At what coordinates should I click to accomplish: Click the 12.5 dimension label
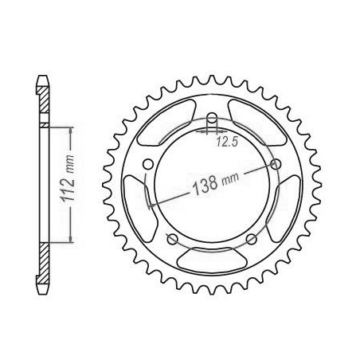pyautogui.click(x=226, y=143)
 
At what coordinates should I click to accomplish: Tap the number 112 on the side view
pyautogui.click(x=68, y=189)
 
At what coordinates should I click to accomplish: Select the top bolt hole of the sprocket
pyautogui.click(x=212, y=117)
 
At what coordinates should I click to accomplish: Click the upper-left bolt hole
pyautogui.click(x=148, y=164)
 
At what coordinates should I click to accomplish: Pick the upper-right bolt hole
pyautogui.click(x=276, y=164)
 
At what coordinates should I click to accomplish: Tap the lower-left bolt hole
pyautogui.click(x=172, y=239)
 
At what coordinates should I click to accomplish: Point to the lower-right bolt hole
pyautogui.click(x=252, y=239)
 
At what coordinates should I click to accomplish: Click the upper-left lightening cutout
pyautogui.click(x=166, y=122)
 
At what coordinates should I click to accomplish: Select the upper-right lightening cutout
pyautogui.click(x=257, y=122)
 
